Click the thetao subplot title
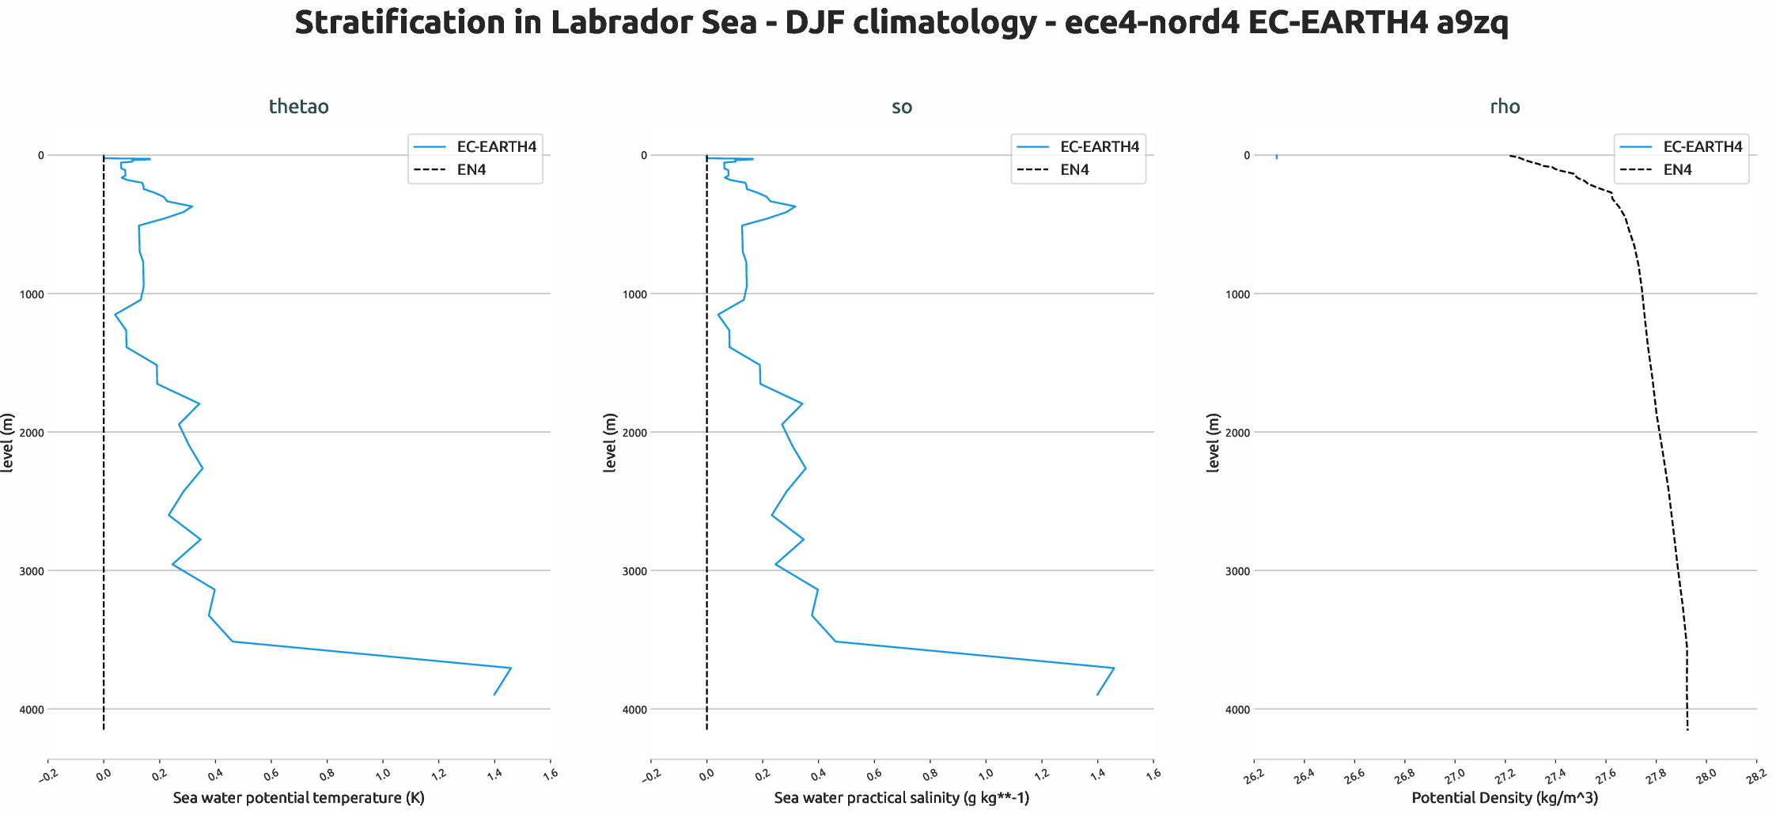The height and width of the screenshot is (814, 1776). pos(298,107)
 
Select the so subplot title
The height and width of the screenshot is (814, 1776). pos(901,107)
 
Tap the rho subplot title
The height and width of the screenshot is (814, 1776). pos(1505,107)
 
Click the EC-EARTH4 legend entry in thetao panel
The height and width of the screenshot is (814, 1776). pos(496,147)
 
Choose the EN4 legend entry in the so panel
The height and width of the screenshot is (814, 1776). pos(1074,170)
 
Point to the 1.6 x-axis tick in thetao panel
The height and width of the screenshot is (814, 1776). pos(550,774)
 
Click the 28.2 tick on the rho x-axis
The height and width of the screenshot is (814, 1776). pos(1755,777)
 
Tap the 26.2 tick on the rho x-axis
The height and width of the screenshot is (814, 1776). pos(1253,777)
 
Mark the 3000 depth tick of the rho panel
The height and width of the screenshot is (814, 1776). pos(1237,571)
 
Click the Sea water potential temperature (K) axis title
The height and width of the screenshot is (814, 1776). pos(298,797)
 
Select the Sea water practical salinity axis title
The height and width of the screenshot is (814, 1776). pos(901,797)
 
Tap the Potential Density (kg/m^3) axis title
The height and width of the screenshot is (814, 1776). pos(1505,797)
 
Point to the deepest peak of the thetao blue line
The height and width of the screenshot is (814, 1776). pos(511,668)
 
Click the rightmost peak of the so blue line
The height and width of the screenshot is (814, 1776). pos(1114,668)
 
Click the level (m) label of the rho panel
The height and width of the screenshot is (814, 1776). pos(1213,443)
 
